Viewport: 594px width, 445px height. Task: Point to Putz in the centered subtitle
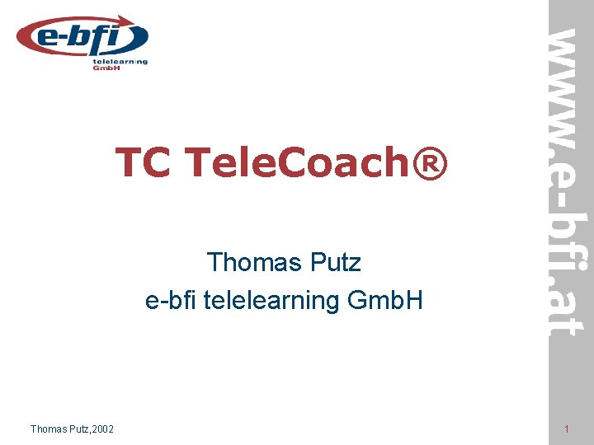(335, 263)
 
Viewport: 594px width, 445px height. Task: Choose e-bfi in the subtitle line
(169, 301)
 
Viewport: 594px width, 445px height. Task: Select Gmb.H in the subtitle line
(385, 301)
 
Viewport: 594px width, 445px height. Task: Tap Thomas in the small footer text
(50, 429)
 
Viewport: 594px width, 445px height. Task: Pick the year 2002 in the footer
(105, 429)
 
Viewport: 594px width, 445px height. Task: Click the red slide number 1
(567, 429)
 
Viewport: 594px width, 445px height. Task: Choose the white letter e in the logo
(49, 38)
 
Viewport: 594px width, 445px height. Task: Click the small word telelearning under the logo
(120, 61)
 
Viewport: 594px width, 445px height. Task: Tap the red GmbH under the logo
(106, 68)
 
